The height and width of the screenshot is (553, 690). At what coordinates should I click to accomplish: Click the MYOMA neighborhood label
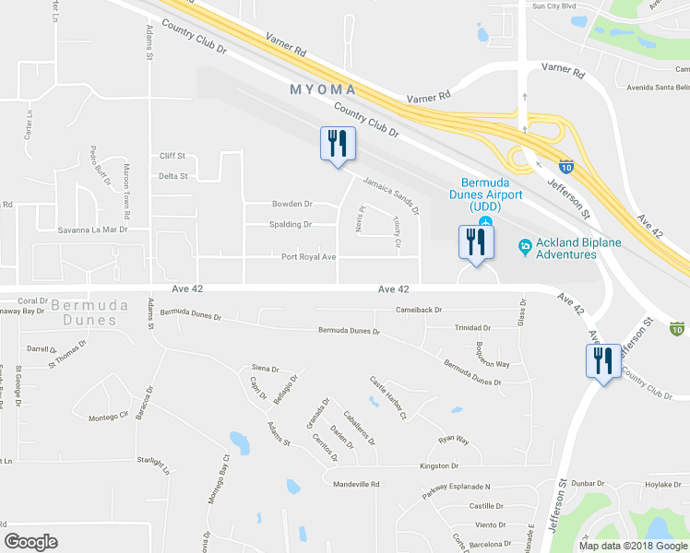tap(323, 89)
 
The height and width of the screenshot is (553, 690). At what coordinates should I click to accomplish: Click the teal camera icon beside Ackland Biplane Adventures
tap(524, 245)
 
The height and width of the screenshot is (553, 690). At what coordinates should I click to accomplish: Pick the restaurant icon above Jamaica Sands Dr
tap(336, 144)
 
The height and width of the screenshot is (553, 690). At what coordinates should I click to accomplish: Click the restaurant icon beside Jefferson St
tap(602, 361)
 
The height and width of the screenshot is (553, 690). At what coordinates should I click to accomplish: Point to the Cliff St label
tap(172, 156)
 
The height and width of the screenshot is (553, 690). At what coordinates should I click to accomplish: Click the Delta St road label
tap(172, 175)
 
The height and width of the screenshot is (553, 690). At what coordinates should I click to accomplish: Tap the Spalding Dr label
tap(291, 224)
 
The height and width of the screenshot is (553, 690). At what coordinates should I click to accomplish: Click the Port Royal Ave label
tap(309, 257)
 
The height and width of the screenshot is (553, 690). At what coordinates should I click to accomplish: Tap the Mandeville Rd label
tap(356, 484)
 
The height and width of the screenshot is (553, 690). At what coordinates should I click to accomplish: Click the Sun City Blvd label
tap(553, 6)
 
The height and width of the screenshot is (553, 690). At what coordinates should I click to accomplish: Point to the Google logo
tap(31, 542)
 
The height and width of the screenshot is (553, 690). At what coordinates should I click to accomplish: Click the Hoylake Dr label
tap(662, 484)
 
